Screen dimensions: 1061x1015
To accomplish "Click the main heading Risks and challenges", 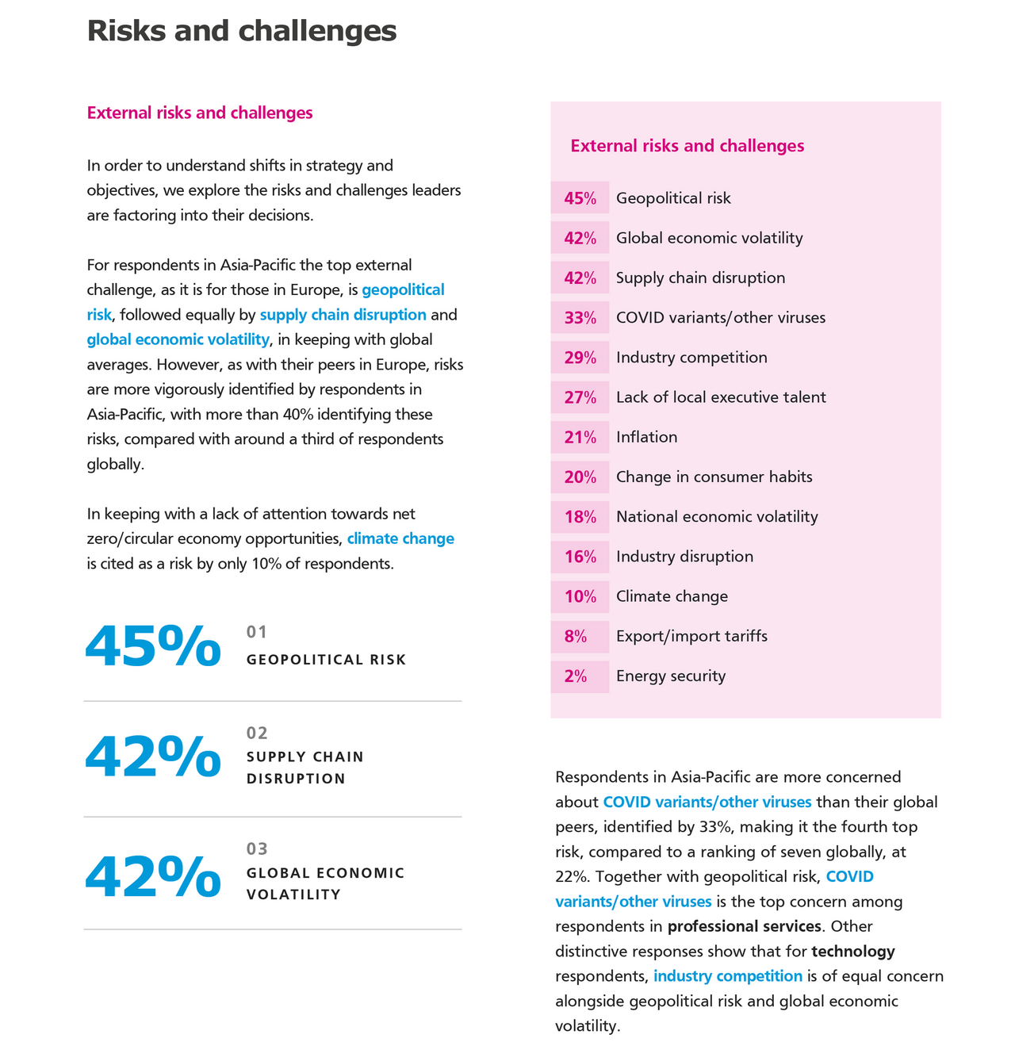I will pyautogui.click(x=241, y=32).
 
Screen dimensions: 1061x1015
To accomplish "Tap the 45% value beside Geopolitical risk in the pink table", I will pyautogui.click(x=580, y=198).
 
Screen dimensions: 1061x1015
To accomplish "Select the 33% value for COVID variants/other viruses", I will pyautogui.click(x=580, y=318).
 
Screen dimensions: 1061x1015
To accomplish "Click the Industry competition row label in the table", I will pyautogui.click(x=691, y=358).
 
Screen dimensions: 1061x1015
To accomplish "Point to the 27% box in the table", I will pyautogui.click(x=580, y=397).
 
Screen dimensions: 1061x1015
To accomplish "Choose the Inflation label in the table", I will pyautogui.click(x=646, y=437).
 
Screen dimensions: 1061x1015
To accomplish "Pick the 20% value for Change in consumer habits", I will pyautogui.click(x=580, y=477).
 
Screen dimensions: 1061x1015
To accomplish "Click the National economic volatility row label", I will pyautogui.click(x=717, y=517).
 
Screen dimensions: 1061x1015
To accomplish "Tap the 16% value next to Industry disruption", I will pyautogui.click(x=580, y=557).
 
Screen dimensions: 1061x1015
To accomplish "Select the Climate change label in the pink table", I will pyautogui.click(x=672, y=596).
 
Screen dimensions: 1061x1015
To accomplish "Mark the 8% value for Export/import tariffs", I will pyautogui.click(x=576, y=636).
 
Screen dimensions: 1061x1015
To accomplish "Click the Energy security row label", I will pyautogui.click(x=671, y=676).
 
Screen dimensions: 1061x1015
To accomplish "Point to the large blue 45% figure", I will pyautogui.click(x=153, y=646).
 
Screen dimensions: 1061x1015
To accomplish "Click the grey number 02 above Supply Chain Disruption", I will pyautogui.click(x=257, y=733).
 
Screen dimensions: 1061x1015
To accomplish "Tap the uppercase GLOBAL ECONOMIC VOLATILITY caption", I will pyautogui.click(x=325, y=883).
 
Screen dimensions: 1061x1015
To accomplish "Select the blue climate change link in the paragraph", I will pyautogui.click(x=400, y=539).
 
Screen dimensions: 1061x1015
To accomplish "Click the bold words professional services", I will pyautogui.click(x=744, y=926).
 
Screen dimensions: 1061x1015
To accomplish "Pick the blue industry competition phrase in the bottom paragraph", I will pyautogui.click(x=728, y=976).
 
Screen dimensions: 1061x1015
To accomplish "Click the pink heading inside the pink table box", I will pyautogui.click(x=687, y=146).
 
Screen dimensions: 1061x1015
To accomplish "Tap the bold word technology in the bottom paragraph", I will pyautogui.click(x=853, y=951).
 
